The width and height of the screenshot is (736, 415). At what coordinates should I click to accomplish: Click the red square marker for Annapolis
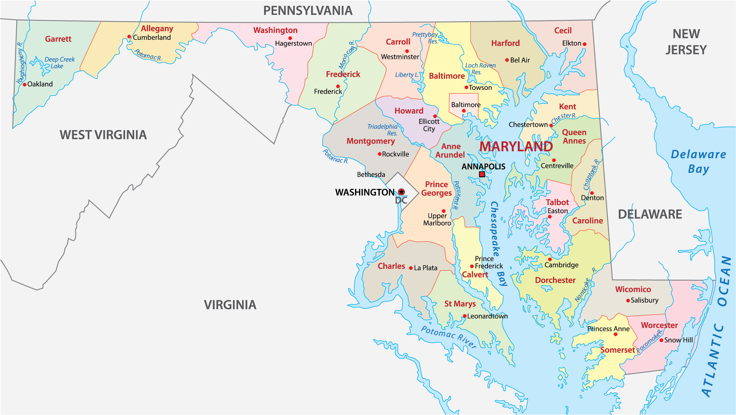pyautogui.click(x=482, y=174)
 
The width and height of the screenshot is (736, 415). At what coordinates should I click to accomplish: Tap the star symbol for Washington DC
pyautogui.click(x=402, y=192)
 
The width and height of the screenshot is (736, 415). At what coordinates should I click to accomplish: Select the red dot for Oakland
pyautogui.click(x=25, y=85)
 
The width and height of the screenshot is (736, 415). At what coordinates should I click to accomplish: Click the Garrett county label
pyautogui.click(x=58, y=39)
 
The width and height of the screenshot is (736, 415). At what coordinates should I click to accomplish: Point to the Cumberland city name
pyautogui.click(x=152, y=37)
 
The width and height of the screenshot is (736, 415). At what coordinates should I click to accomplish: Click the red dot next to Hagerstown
pyautogui.click(x=290, y=38)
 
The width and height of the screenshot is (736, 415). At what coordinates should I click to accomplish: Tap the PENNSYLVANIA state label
pyautogui.click(x=307, y=11)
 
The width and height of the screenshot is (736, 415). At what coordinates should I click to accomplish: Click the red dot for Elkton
pyautogui.click(x=584, y=44)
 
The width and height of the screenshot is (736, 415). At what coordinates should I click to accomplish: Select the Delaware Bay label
pyautogui.click(x=698, y=162)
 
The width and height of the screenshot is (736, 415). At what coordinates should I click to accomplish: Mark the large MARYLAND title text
pyautogui.click(x=516, y=147)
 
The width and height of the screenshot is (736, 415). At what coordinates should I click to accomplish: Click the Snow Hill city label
pyautogui.click(x=678, y=340)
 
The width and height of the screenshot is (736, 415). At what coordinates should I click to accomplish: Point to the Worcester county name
pyautogui.click(x=659, y=325)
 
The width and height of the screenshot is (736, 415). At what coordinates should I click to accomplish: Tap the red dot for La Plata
pyautogui.click(x=411, y=268)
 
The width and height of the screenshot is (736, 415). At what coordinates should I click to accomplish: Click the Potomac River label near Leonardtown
pyautogui.click(x=449, y=337)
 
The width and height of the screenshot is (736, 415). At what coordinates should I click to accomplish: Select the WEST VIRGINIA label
pyautogui.click(x=103, y=135)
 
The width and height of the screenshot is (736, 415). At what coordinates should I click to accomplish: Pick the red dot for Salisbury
pyautogui.click(x=628, y=301)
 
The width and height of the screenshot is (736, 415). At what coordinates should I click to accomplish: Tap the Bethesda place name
pyautogui.click(x=371, y=174)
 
